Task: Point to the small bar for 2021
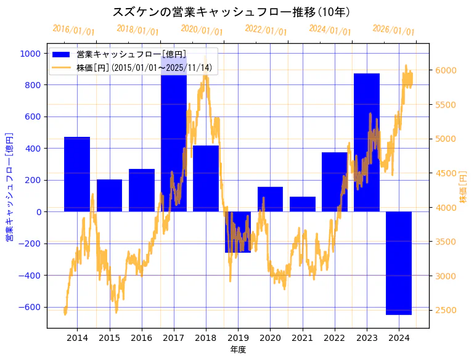click(x=303, y=204)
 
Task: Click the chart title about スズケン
click(x=232, y=12)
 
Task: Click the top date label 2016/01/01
click(x=73, y=30)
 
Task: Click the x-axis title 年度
click(x=238, y=350)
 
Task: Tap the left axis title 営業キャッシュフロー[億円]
click(x=9, y=187)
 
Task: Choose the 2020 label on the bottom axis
click(x=270, y=338)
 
